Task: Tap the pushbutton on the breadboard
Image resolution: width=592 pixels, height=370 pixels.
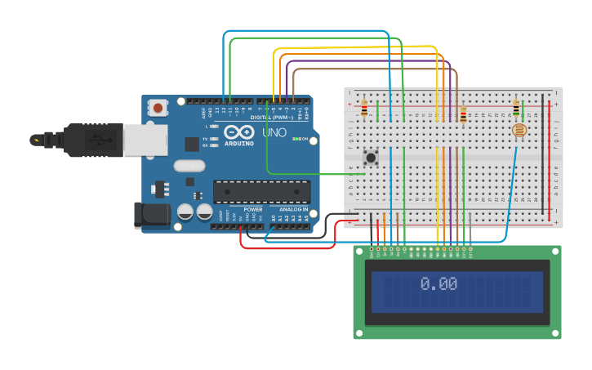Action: [x=371, y=157]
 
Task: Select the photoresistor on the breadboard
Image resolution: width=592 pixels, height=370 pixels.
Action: [x=519, y=130]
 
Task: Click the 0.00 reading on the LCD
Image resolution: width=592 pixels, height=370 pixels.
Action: [x=438, y=283]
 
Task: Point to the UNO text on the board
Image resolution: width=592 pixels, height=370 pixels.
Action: [x=274, y=132]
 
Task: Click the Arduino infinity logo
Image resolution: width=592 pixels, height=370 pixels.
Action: [x=239, y=132]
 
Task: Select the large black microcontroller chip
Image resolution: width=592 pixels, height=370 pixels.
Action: [x=261, y=192]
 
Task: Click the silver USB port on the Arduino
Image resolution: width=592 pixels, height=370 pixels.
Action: [x=146, y=139]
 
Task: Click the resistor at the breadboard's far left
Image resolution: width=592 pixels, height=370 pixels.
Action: [x=364, y=109]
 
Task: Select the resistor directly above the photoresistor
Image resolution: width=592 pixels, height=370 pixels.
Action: [x=516, y=108]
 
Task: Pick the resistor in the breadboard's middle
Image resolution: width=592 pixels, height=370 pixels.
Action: [x=463, y=115]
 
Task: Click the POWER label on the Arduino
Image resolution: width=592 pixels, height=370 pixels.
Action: [x=253, y=209]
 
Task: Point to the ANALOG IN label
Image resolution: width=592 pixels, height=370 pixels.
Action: [x=295, y=209]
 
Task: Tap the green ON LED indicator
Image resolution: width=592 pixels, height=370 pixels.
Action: [x=294, y=139]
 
